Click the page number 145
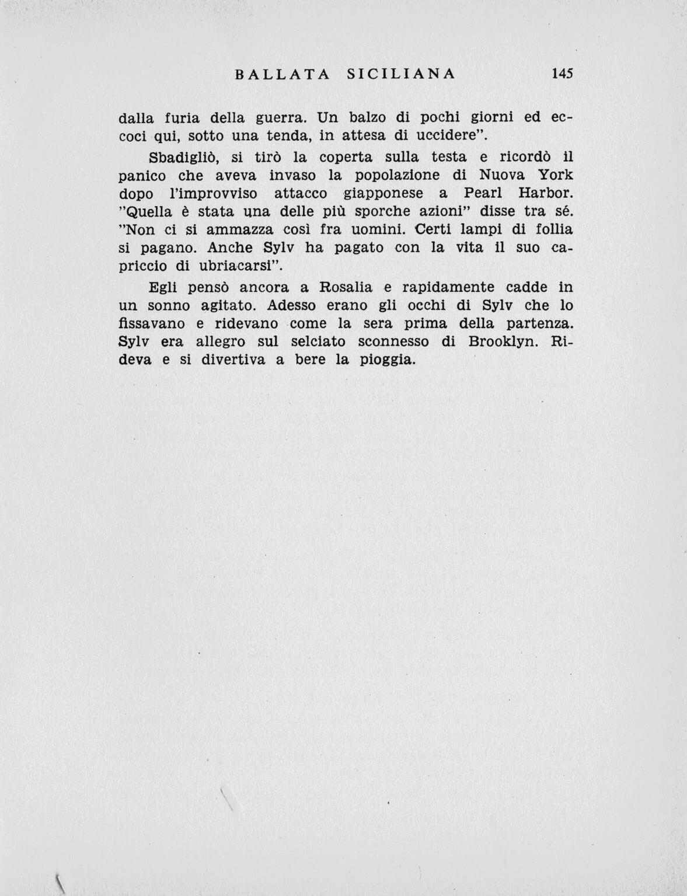pyautogui.click(x=562, y=74)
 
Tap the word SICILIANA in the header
pyautogui.click(x=400, y=74)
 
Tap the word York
pyautogui.click(x=555, y=175)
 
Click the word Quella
pyautogui.click(x=150, y=212)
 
